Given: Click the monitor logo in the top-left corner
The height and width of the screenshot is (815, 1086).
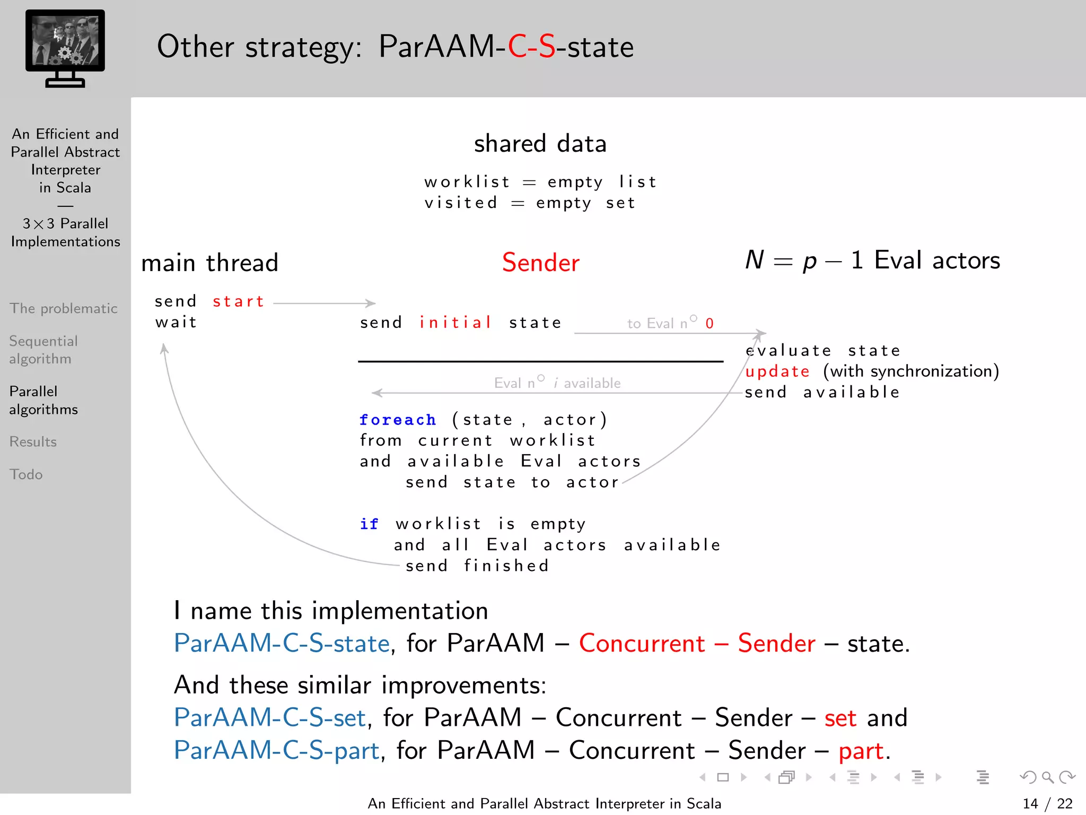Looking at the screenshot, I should [x=65, y=48].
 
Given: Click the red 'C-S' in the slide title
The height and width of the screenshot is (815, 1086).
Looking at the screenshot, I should [x=531, y=47].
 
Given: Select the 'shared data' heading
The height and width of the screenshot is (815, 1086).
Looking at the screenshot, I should [x=540, y=144].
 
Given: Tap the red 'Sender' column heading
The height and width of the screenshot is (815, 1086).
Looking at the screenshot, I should [x=540, y=263].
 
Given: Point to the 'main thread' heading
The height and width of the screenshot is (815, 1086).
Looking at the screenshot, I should [x=209, y=263].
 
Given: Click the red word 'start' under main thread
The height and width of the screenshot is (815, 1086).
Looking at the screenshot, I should [x=239, y=302].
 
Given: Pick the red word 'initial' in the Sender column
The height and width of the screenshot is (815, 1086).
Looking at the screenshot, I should [x=456, y=323].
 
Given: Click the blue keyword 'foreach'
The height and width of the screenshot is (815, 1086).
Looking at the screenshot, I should [x=398, y=420].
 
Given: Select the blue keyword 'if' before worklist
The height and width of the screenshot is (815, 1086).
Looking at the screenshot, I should [x=369, y=524].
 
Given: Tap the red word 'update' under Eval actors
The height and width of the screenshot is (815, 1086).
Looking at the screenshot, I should [x=777, y=371].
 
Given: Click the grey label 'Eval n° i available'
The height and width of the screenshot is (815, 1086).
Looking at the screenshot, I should [x=557, y=383].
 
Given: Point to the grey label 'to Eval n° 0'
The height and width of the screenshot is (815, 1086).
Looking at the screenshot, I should [x=670, y=323].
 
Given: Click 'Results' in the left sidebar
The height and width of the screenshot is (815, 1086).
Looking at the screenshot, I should [x=33, y=442].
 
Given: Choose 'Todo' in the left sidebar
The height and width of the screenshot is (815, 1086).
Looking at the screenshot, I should [x=26, y=474].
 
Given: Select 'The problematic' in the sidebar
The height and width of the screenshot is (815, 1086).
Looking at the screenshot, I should [x=64, y=309].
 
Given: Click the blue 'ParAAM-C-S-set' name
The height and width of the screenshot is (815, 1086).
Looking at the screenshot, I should [x=270, y=718].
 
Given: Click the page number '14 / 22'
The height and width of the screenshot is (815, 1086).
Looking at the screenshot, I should [x=1047, y=804].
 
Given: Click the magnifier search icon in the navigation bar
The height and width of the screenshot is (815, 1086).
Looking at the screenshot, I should [x=1047, y=777].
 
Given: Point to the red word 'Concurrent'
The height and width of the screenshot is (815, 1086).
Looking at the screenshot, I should [x=642, y=644].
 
